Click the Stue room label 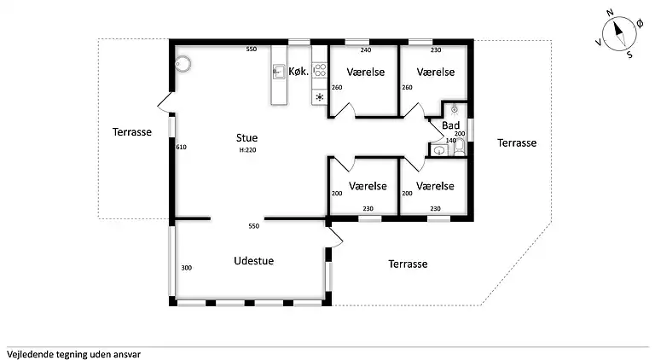pos(246,138)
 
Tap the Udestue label pos(253,260)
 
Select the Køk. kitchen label pos(299,72)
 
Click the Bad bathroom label pos(450,125)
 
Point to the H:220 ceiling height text pos(247,150)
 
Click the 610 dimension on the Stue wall pos(182,147)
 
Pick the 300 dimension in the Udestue pos(186,268)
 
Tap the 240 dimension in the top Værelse pos(366,50)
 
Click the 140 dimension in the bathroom pos(450,140)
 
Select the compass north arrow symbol pos(619,34)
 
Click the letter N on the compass pos(610,13)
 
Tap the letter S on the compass pos(629,55)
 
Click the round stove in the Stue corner pos(183,64)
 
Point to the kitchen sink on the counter pos(279,72)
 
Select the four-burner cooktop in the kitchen pos(320,70)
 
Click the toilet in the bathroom pos(459,147)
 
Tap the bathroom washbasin pos(439,150)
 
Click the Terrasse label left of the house pos(132,132)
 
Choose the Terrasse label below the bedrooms pos(408,264)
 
